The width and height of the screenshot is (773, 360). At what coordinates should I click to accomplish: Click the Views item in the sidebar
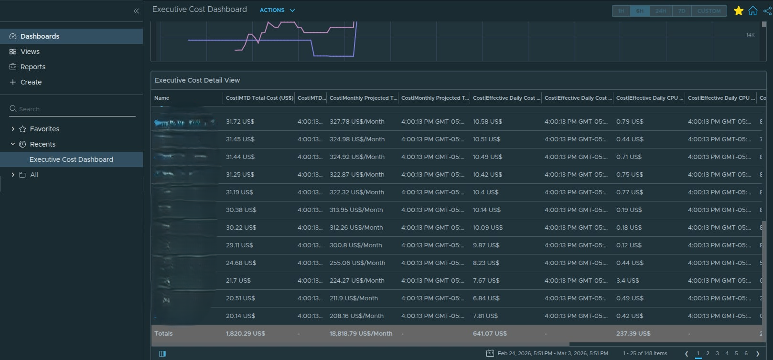click(x=30, y=52)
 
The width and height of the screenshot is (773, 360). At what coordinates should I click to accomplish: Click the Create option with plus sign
click(x=31, y=82)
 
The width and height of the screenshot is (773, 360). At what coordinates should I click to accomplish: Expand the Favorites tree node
click(x=13, y=129)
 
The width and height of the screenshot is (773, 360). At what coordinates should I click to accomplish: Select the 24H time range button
click(x=661, y=11)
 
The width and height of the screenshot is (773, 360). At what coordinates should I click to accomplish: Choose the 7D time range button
click(x=682, y=11)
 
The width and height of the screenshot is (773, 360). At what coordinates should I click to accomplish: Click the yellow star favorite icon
click(x=738, y=11)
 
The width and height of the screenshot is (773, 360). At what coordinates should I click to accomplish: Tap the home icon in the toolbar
click(x=753, y=11)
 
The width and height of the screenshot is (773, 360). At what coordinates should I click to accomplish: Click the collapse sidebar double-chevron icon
click(x=136, y=11)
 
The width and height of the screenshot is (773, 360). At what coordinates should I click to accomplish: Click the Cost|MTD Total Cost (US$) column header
click(x=259, y=98)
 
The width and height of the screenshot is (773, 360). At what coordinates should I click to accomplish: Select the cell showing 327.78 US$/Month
click(x=357, y=122)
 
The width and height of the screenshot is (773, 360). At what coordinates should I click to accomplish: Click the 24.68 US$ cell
click(x=241, y=263)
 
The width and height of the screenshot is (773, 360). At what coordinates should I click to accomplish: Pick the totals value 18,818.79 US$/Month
click(x=361, y=334)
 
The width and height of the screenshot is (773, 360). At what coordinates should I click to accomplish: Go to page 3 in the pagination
click(x=717, y=353)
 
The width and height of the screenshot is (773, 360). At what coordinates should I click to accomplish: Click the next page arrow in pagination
click(x=758, y=353)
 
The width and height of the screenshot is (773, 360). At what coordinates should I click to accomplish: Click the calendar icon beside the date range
click(x=490, y=353)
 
